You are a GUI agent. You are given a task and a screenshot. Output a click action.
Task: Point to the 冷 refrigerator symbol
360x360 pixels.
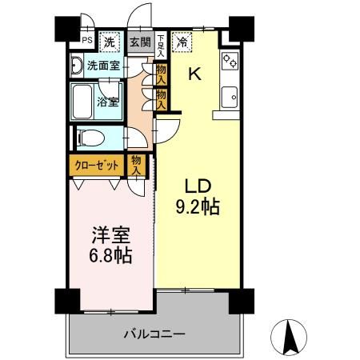[183, 42]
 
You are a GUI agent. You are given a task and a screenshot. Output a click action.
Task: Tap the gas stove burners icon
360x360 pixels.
[230, 60]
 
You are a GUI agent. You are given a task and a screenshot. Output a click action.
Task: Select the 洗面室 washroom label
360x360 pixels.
[104, 66]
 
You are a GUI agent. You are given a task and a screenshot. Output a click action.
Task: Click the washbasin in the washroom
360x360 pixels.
[78, 66]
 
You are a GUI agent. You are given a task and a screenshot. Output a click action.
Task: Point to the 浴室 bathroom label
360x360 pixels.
[110, 102]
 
